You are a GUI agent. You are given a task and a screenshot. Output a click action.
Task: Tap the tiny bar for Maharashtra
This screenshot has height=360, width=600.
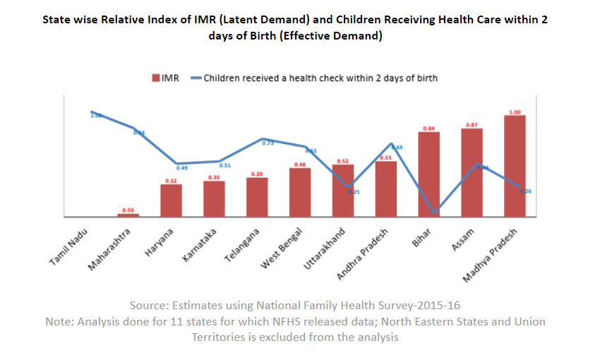[x=128, y=215]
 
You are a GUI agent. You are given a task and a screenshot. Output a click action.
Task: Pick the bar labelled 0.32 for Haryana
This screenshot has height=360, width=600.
[x=171, y=200]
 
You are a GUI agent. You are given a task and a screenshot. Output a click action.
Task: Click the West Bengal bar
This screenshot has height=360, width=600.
[x=300, y=192]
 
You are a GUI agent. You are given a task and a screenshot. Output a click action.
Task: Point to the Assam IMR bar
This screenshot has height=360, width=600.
[x=472, y=172]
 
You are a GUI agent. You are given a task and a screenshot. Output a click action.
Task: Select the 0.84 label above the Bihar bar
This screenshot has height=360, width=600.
[x=428, y=128]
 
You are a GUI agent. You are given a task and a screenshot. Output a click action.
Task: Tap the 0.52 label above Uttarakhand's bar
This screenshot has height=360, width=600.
[x=343, y=161]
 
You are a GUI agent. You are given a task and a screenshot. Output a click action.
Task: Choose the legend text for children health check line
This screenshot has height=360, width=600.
[x=320, y=78]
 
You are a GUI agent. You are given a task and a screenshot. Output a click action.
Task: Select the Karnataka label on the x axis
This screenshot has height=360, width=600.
[x=196, y=246]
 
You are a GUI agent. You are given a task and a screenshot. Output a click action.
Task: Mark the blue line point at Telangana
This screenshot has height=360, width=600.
[x=262, y=139]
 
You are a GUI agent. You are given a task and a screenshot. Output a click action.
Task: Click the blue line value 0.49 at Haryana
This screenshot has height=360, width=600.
[x=181, y=168]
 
